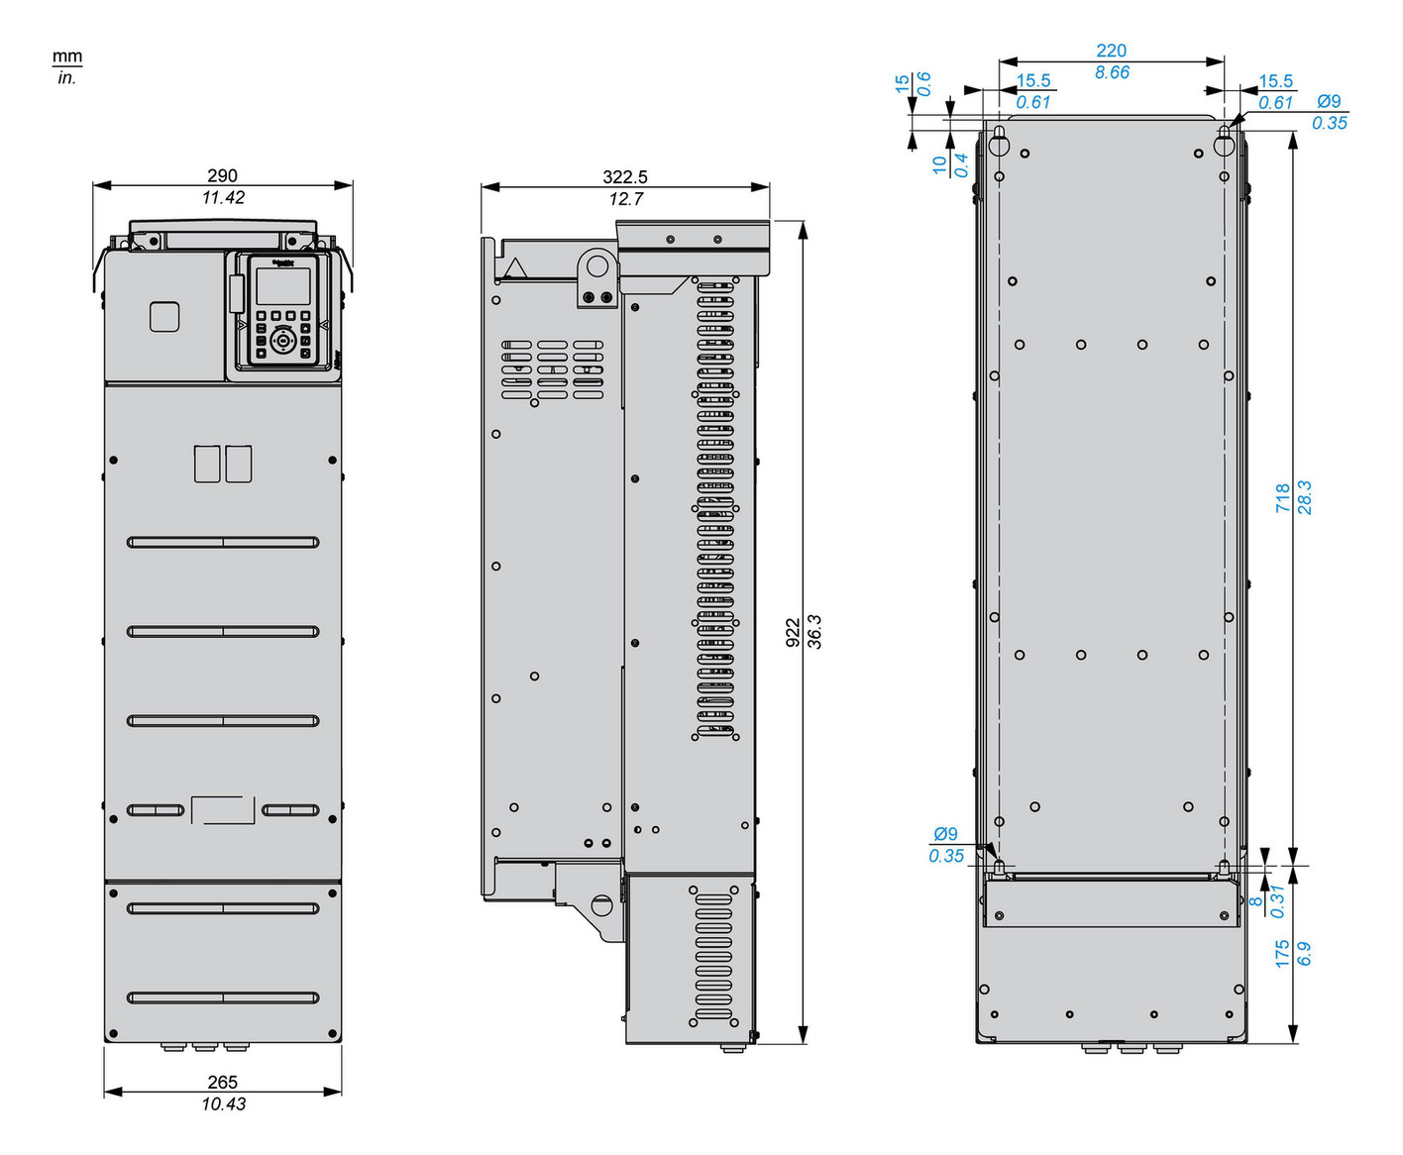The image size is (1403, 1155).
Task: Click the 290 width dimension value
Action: pos(222,175)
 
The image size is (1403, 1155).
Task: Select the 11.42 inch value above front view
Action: pos(223,197)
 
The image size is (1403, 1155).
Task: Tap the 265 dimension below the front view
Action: pos(222,1083)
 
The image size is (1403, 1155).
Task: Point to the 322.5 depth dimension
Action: pos(624,176)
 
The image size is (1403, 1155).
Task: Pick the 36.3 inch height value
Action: pos(814,632)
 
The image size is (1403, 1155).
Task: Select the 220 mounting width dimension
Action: pos(1111,51)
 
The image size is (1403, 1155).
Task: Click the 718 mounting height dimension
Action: pos(1283,497)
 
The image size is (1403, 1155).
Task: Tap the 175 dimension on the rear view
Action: pos(1283,954)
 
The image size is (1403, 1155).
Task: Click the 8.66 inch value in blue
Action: pos(1112,72)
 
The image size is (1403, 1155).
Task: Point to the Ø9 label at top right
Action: pos(1329,101)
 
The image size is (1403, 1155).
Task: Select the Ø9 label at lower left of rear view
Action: pos(945,834)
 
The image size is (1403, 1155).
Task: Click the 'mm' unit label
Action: pos(67,56)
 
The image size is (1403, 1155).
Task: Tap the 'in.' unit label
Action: pos(66,78)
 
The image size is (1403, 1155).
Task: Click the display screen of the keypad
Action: pos(282,286)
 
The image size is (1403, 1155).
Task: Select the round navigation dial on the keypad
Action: pos(283,341)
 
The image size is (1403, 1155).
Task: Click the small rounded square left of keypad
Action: pos(164,317)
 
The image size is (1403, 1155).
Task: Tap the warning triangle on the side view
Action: pos(515,268)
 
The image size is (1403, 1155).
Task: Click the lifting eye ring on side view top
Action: pos(597,265)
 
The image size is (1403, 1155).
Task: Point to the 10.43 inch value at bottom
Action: pos(223,1103)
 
